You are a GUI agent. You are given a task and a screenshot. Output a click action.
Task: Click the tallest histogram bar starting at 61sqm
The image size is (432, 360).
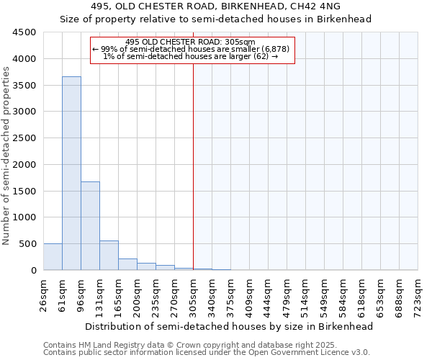pyautogui.click(x=71, y=173)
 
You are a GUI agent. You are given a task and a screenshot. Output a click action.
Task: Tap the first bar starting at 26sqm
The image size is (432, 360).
pyautogui.click(x=53, y=257)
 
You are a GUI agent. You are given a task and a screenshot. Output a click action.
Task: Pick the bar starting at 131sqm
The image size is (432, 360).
pyautogui.click(x=109, y=256)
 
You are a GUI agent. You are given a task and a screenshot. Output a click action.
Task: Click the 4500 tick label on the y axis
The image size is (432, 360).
pyautogui.click(x=23, y=32)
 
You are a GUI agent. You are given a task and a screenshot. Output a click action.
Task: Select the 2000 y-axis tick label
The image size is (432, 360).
pyautogui.click(x=23, y=165)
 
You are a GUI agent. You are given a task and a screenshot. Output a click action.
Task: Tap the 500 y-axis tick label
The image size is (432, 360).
pyautogui.click(x=27, y=244)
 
